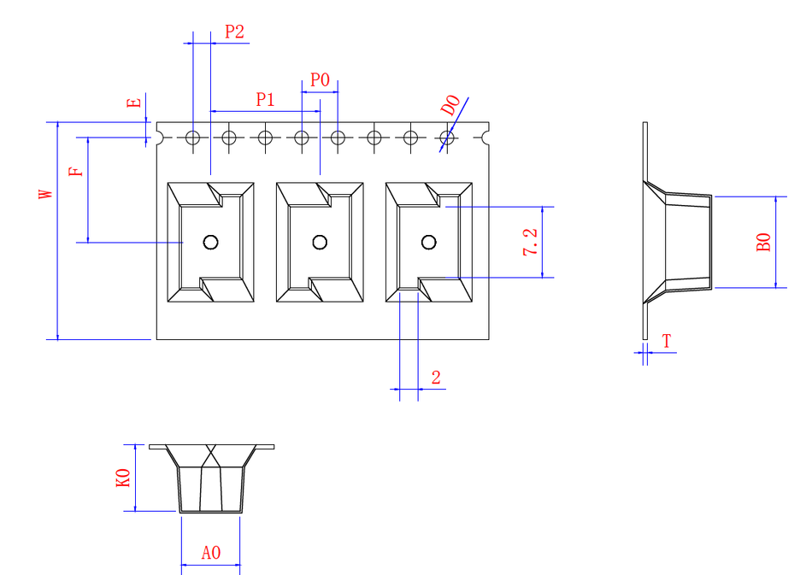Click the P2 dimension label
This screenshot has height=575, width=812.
pos(234,32)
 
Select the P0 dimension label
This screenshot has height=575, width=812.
pos(320,80)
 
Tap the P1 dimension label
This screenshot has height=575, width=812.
pos(266,99)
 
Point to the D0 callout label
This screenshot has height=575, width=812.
pos(450,106)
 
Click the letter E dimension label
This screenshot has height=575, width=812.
pos(133,103)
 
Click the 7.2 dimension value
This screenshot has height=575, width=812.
pos(531,243)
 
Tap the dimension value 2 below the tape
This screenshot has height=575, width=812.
pos(436,378)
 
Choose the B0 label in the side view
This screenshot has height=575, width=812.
pos(764,242)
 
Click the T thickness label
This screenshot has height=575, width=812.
pos(667,342)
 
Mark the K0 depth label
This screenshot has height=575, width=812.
pos(123,478)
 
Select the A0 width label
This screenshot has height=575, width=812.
pos(211,553)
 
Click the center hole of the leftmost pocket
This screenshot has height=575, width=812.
pos(210,242)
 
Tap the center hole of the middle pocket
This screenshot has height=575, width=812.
pos(320,242)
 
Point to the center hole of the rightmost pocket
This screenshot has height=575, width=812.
pos(429,242)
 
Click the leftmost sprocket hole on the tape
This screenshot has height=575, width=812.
pos(193,137)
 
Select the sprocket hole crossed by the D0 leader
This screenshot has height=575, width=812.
pos(446,137)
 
